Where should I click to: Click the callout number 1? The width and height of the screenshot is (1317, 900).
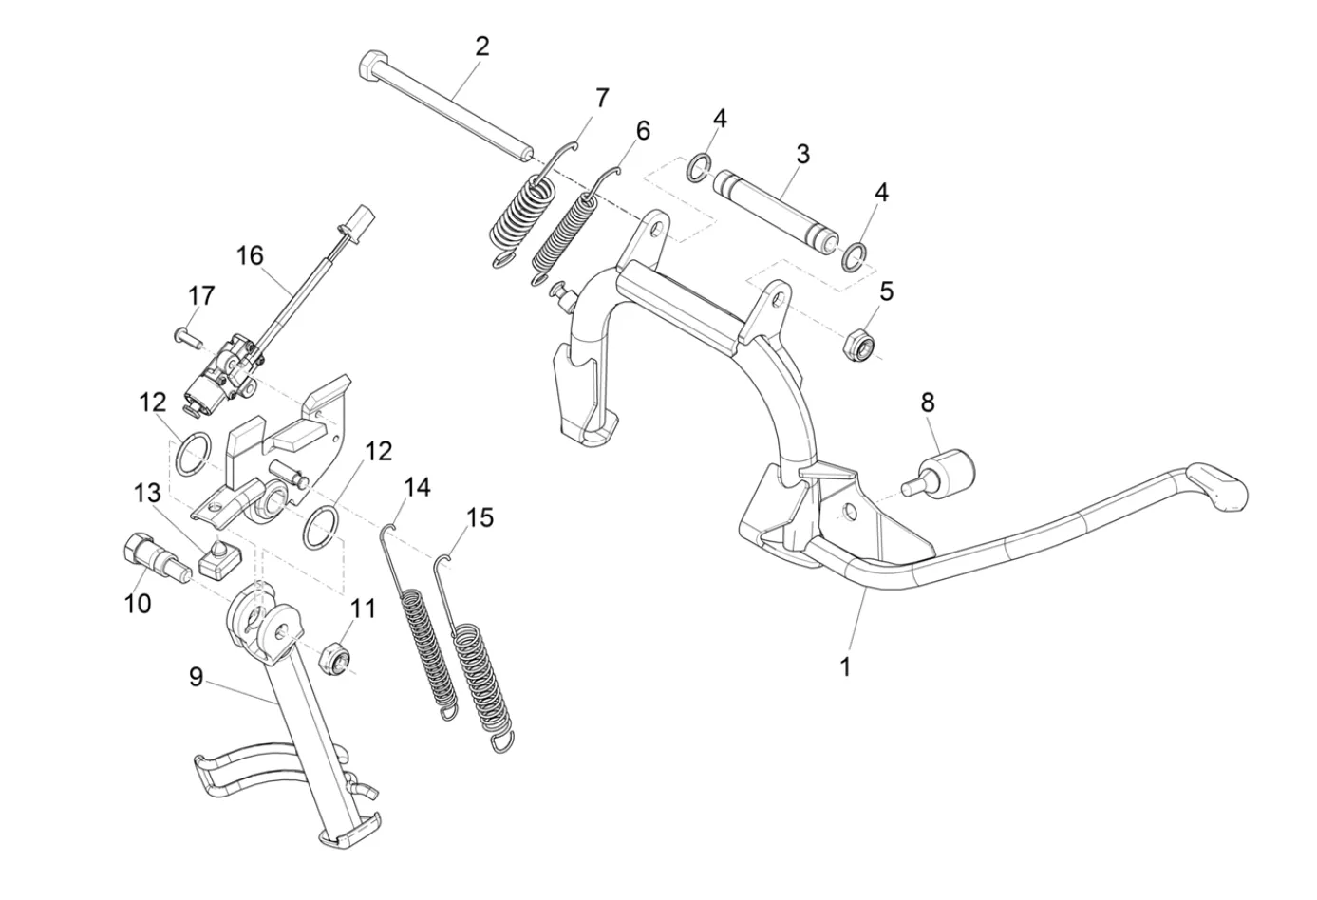click(x=845, y=666)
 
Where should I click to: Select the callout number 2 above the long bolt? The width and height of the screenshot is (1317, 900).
click(x=482, y=46)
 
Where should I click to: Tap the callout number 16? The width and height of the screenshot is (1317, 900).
click(x=251, y=255)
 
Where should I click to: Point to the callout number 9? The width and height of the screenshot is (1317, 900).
click(x=196, y=677)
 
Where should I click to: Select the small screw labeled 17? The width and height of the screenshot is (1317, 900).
click(x=185, y=334)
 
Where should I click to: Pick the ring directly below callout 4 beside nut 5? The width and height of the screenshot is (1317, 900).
click(x=854, y=255)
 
